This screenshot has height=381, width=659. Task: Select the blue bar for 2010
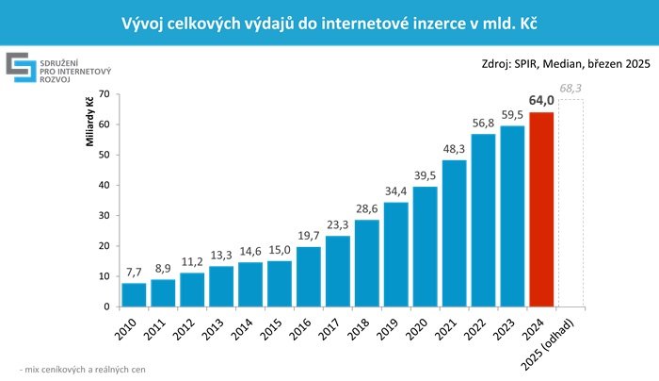coord(134,294)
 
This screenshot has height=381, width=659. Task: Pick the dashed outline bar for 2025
coord(571,203)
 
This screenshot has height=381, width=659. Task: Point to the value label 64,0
coord(541,102)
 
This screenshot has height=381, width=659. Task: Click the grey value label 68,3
coord(571,89)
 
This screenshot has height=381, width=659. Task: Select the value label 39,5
coord(426,176)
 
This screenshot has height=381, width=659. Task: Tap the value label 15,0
coord(279,250)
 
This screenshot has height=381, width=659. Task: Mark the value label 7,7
coord(134,273)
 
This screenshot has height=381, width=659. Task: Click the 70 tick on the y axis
coord(104,94)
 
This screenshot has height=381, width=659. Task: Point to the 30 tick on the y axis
coord(104,215)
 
